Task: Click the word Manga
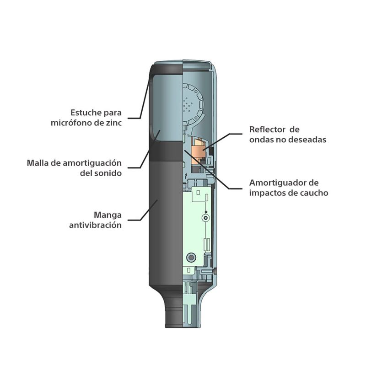click(x=108, y=215)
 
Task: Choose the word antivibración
click(x=95, y=225)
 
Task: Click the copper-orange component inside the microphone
click(x=199, y=151)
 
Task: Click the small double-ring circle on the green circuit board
click(x=205, y=218)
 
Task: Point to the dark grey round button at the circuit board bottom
click(x=191, y=258)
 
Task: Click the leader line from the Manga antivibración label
click(x=143, y=210)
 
